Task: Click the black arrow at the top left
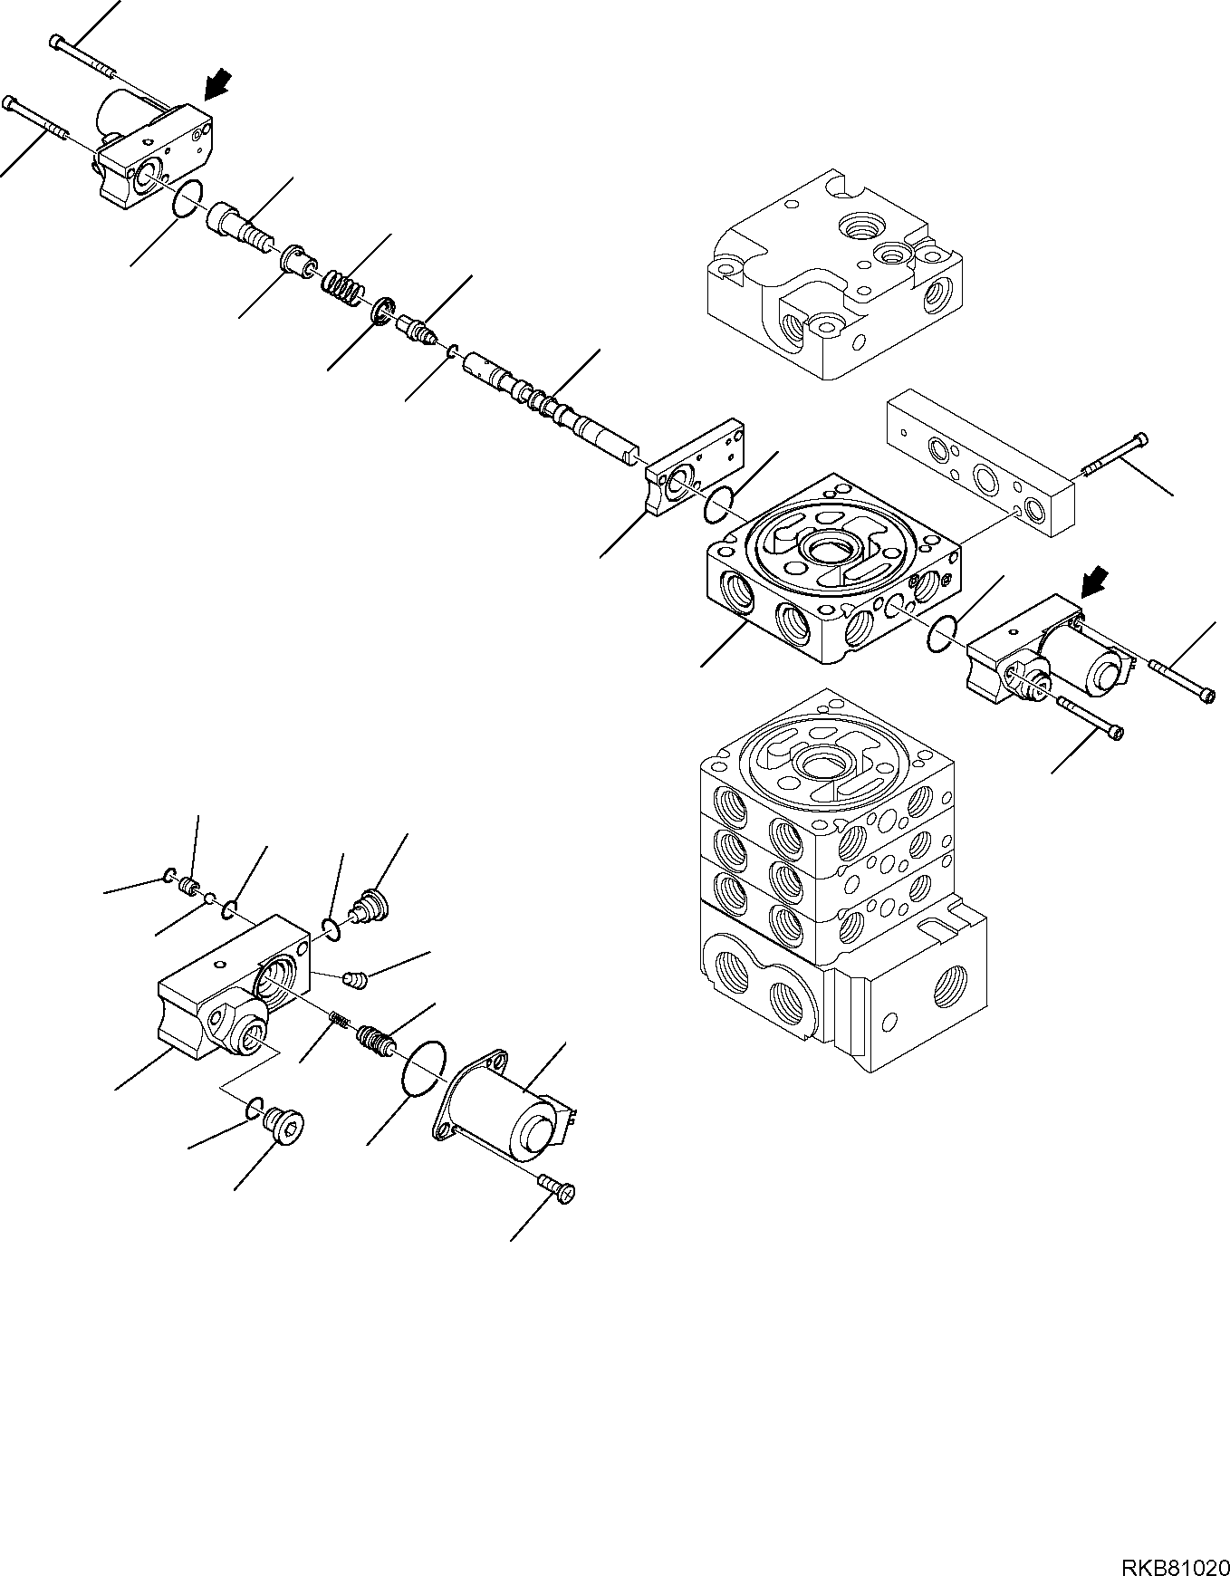click(216, 85)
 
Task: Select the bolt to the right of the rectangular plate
click(1116, 457)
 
